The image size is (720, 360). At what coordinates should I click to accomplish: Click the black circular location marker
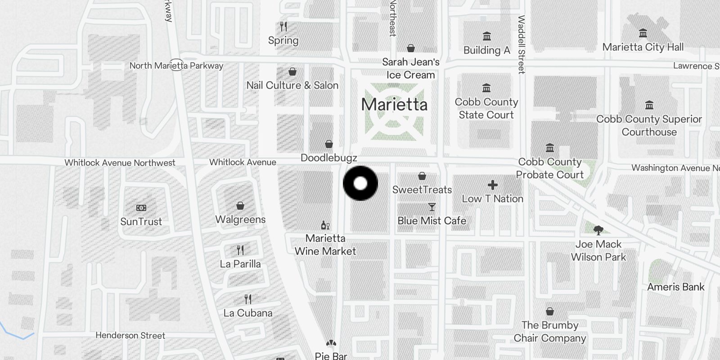[x=360, y=184]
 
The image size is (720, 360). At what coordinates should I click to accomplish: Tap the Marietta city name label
[x=394, y=105]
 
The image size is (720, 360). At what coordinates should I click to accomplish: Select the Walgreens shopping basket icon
[x=240, y=206]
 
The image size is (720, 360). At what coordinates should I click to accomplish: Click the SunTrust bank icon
[x=141, y=208]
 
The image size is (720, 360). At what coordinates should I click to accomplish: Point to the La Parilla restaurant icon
[x=240, y=250]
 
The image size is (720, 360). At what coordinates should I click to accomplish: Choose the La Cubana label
[x=248, y=313]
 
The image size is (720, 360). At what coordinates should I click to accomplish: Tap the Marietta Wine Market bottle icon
[x=325, y=225]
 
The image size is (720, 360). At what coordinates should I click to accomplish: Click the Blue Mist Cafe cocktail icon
[x=432, y=207]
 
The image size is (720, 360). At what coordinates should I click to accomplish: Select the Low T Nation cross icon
[x=493, y=185]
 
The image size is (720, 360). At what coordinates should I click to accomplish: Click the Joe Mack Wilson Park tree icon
[x=598, y=231]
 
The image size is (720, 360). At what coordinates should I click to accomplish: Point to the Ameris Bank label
[x=676, y=287]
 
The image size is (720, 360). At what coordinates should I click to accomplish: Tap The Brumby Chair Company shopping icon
[x=549, y=311]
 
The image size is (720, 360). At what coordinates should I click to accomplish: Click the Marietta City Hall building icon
[x=643, y=33]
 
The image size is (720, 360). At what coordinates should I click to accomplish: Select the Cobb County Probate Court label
[x=550, y=168]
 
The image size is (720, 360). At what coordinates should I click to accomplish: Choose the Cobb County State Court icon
[x=486, y=88]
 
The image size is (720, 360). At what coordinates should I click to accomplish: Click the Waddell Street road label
[x=522, y=45]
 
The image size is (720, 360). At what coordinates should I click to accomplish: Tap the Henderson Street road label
[x=130, y=336]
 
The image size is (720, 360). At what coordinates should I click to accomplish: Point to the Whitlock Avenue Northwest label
[x=120, y=163]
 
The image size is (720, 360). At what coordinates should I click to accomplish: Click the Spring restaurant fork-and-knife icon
[x=283, y=27]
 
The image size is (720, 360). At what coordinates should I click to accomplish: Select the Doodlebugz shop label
[x=329, y=158]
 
